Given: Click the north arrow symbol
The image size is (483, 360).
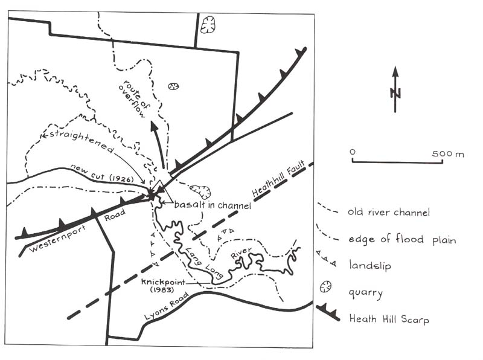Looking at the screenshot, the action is (x=395, y=89).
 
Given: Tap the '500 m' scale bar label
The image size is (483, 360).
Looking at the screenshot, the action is (x=447, y=153).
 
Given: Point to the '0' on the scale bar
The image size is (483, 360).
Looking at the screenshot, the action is (x=353, y=152).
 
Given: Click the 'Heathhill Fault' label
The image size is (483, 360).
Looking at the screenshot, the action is (x=278, y=179).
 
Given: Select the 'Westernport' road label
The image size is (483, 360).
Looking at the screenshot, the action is (x=57, y=239).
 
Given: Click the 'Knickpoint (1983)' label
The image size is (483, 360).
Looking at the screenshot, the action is (x=163, y=286).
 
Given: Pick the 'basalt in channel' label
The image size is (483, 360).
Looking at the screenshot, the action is (x=213, y=205).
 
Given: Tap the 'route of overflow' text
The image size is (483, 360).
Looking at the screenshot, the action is (x=134, y=98).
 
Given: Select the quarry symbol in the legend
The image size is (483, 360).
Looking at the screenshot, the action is (x=325, y=287).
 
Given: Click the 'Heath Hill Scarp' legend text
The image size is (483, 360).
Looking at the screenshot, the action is (x=389, y=319).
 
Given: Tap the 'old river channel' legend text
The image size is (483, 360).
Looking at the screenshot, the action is (x=389, y=212).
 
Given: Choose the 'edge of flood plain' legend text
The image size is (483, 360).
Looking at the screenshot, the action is (x=402, y=239).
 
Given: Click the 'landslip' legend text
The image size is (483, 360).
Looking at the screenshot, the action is (x=370, y=265).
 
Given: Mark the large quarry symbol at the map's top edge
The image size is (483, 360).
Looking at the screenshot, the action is (x=208, y=25).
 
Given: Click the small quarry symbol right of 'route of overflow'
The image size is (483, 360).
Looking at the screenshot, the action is (x=173, y=86).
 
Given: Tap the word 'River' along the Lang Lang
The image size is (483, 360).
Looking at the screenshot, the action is (x=241, y=253).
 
